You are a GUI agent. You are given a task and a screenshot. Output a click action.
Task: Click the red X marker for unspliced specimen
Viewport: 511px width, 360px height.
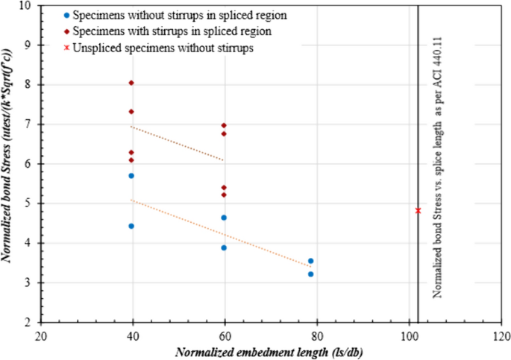(418, 210)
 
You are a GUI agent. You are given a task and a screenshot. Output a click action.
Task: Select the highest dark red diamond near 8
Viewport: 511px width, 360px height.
(131, 83)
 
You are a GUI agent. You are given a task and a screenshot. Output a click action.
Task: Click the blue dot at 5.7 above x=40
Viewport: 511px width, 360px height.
(131, 175)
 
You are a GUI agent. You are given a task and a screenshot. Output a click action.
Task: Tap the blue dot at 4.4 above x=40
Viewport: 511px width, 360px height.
(131, 226)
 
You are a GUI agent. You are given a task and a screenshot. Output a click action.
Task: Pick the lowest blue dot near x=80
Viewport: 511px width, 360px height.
(311, 274)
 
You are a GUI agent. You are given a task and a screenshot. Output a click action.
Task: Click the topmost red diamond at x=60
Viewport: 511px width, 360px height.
(223, 125)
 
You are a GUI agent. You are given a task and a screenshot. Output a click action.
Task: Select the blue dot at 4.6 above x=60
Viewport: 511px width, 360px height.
(223, 218)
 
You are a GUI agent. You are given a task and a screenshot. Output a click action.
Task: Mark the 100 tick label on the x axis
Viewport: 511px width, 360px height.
(409, 335)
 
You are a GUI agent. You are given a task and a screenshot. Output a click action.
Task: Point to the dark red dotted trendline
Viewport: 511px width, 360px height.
(177, 143)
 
